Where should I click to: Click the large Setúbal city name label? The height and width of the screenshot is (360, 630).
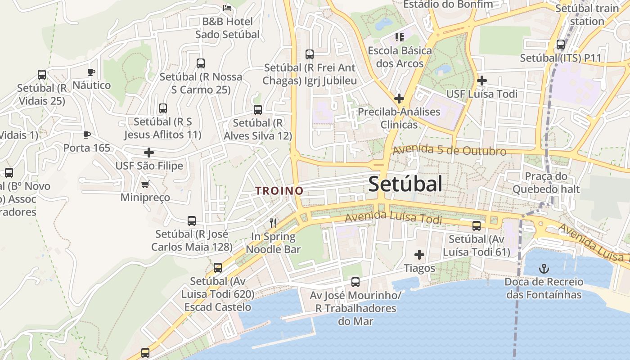click(x=405, y=184)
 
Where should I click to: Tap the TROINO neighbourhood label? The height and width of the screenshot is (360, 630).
click(x=279, y=191)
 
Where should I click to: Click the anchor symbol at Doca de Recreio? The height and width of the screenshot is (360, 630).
click(x=544, y=269)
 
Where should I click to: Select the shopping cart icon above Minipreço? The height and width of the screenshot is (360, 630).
click(x=145, y=184)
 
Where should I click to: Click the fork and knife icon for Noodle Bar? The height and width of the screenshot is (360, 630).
click(x=273, y=223)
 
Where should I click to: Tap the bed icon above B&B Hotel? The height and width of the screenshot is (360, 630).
click(x=227, y=8)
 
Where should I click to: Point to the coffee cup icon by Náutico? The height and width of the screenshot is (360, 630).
click(x=91, y=72)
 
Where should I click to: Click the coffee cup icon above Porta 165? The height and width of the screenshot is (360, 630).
click(x=86, y=135)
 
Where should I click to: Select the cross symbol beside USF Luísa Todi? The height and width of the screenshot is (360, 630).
click(x=482, y=81)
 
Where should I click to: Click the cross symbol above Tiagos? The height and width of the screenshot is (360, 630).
click(x=419, y=255)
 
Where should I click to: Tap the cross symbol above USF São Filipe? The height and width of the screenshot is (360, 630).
click(x=149, y=153)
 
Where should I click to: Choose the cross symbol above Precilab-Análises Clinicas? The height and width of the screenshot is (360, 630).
click(x=399, y=98)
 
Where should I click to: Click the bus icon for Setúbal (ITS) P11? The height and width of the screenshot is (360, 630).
click(x=561, y=45)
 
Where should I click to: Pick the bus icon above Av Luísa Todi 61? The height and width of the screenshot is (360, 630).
click(x=477, y=226)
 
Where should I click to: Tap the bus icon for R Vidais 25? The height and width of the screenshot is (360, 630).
click(x=42, y=75)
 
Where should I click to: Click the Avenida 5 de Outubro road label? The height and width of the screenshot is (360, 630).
click(x=449, y=150)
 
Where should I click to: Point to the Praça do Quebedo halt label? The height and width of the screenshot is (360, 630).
click(x=546, y=183)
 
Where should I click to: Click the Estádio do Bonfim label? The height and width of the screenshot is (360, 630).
click(x=448, y=4)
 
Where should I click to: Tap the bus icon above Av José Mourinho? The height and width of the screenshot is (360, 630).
click(x=355, y=282)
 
